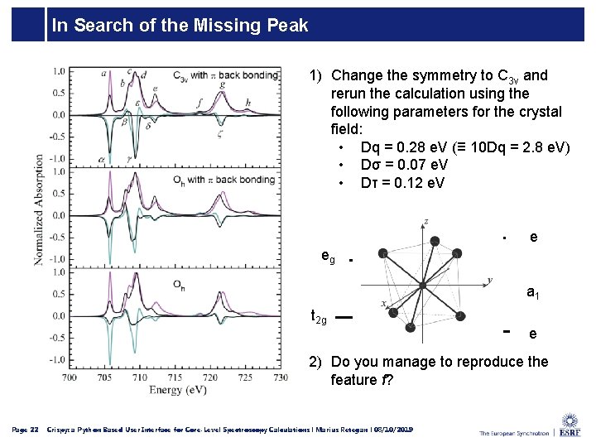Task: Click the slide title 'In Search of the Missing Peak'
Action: [x=180, y=26]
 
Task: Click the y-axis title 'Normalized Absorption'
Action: [x=39, y=209]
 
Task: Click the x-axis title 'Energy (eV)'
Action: [x=179, y=389]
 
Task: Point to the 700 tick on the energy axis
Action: [x=70, y=377]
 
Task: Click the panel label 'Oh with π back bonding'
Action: [x=223, y=179]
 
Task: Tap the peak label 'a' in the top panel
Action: [x=104, y=74]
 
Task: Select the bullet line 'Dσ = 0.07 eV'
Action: [x=404, y=165]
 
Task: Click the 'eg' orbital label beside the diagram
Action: [x=329, y=257]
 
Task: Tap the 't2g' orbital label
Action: [x=318, y=315]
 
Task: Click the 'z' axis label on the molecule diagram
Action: [x=425, y=221]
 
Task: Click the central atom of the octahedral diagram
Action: [x=422, y=285]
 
